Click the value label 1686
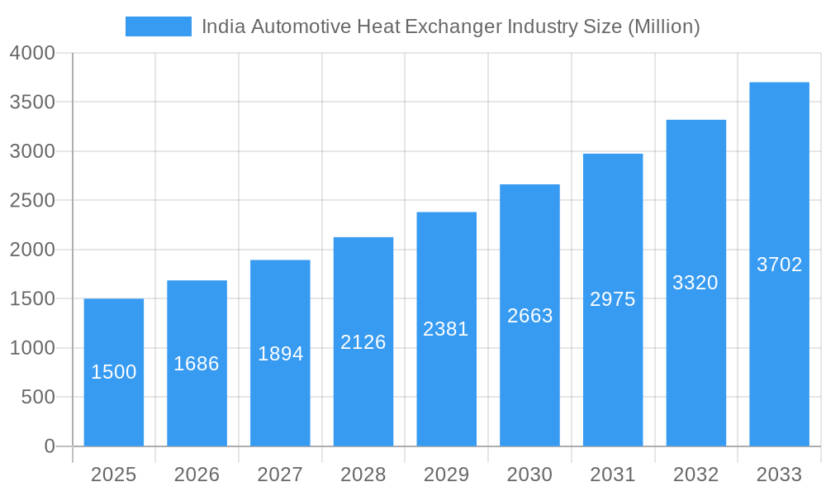pyautogui.click(x=197, y=364)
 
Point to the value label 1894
pyautogui.click(x=281, y=354)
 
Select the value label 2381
pyautogui.click(x=446, y=329)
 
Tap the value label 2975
pyautogui.click(x=613, y=299)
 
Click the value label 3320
pyautogui.click(x=695, y=283)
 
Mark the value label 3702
pyautogui.click(x=779, y=265)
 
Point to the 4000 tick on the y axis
pyautogui.click(x=32, y=53)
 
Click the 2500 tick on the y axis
pyautogui.click(x=32, y=201)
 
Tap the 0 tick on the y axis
pyautogui.click(x=49, y=446)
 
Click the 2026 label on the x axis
pyautogui.click(x=197, y=475)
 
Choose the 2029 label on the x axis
pyautogui.click(x=446, y=475)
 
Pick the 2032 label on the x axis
pyautogui.click(x=695, y=475)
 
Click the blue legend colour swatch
pyautogui.click(x=158, y=26)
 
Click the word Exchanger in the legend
pyautogui.click(x=453, y=26)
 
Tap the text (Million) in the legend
pyautogui.click(x=663, y=26)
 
